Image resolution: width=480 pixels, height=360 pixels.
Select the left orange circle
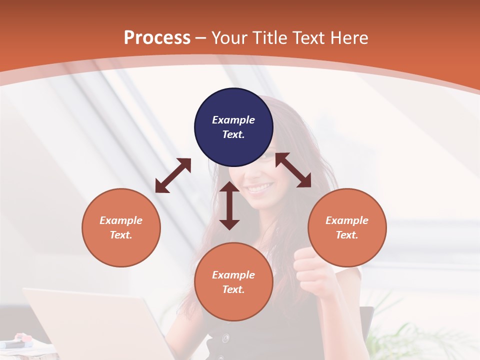coord(121,227)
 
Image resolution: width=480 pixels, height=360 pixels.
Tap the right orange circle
coord(347,227)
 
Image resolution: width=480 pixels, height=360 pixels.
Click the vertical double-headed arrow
coord(229,205)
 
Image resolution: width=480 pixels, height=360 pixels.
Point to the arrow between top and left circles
coord(173,175)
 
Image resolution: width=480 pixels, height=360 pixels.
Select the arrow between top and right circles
coord(293,170)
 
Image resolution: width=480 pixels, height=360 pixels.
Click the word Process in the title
coord(157,37)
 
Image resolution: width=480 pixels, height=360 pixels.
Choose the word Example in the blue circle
coord(233,120)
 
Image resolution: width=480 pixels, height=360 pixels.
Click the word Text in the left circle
coord(121,235)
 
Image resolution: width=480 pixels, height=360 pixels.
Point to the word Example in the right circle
coord(347,220)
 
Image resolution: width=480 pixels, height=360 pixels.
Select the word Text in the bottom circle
coord(233,289)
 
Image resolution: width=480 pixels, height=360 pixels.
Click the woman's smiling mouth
coord(260,188)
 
